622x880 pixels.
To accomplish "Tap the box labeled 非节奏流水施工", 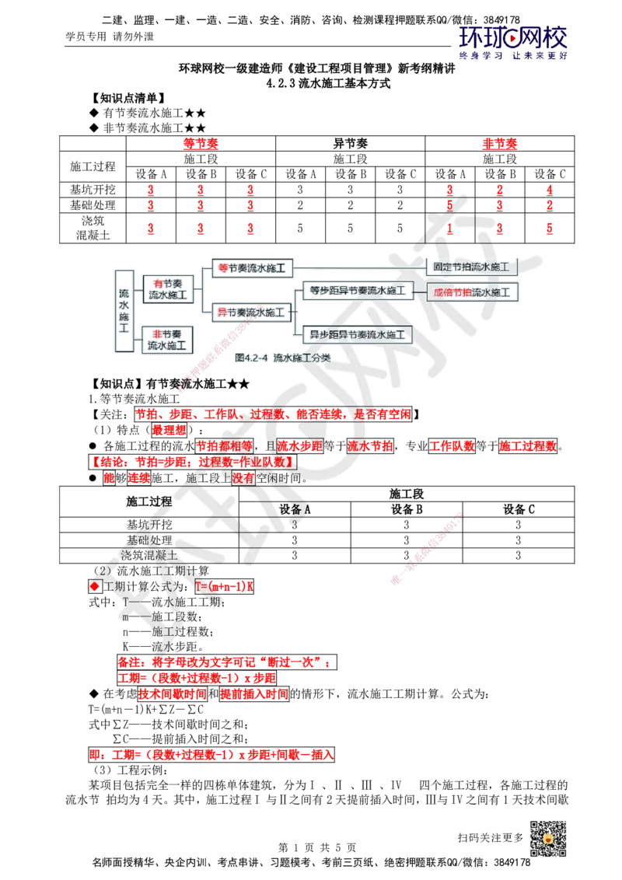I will tap(167, 340).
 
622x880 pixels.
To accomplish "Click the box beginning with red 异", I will tap(250, 313).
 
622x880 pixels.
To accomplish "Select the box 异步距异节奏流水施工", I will tap(357, 335).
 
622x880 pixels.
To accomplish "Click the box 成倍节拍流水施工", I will tap(473, 292).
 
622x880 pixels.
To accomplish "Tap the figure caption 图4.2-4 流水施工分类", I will tap(281, 358).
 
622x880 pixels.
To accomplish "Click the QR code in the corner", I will tap(547, 839).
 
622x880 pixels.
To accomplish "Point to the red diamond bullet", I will tap(95, 587).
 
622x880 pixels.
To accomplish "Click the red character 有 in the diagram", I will tap(158, 284).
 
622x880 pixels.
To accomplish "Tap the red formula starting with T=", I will tap(224, 585).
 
